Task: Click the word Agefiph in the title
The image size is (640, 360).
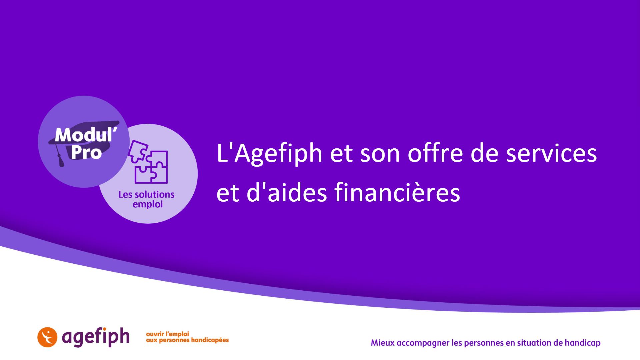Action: point(278,154)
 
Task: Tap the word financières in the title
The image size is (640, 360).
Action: point(397,192)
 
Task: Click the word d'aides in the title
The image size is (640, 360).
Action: point(287,192)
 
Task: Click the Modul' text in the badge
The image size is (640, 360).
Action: point(86,135)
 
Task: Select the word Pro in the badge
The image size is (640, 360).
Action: point(86,152)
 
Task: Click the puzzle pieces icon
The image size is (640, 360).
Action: point(148,162)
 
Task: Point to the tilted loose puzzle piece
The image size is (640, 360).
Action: point(138,151)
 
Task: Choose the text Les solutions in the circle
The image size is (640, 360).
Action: point(146,194)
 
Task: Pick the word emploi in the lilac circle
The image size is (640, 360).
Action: point(148,204)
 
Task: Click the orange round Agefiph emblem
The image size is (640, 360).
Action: point(47,337)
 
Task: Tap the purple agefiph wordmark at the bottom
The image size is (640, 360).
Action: point(96,337)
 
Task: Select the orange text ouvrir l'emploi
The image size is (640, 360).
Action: point(167,334)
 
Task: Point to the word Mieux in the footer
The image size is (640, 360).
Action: point(383,343)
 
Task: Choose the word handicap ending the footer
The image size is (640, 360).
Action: point(583,343)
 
